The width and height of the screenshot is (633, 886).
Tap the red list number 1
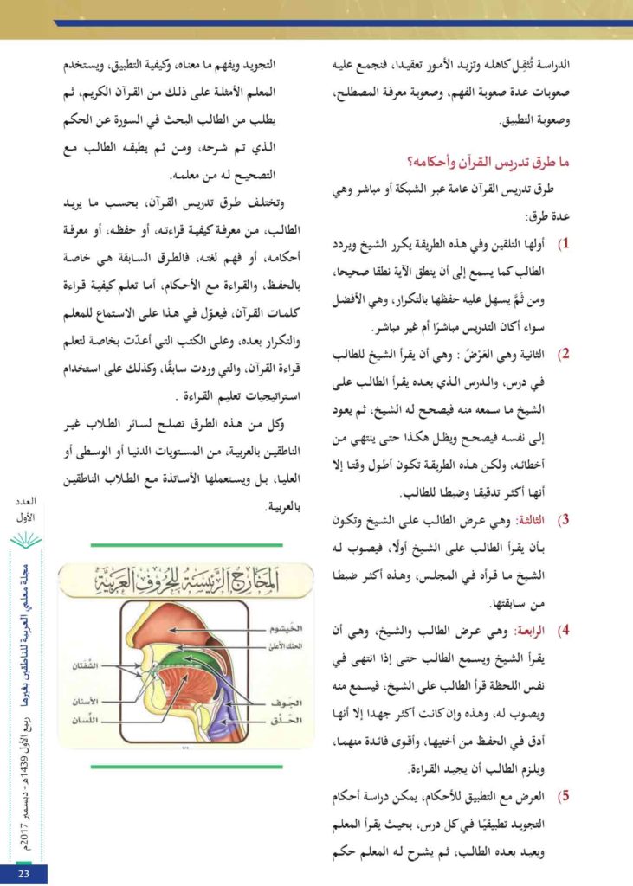click(x=565, y=245)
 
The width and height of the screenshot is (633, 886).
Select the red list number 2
click(x=565, y=354)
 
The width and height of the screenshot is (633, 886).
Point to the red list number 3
click(x=565, y=520)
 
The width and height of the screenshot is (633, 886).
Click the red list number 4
click(x=565, y=629)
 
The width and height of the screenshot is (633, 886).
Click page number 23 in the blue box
click(x=24, y=873)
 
